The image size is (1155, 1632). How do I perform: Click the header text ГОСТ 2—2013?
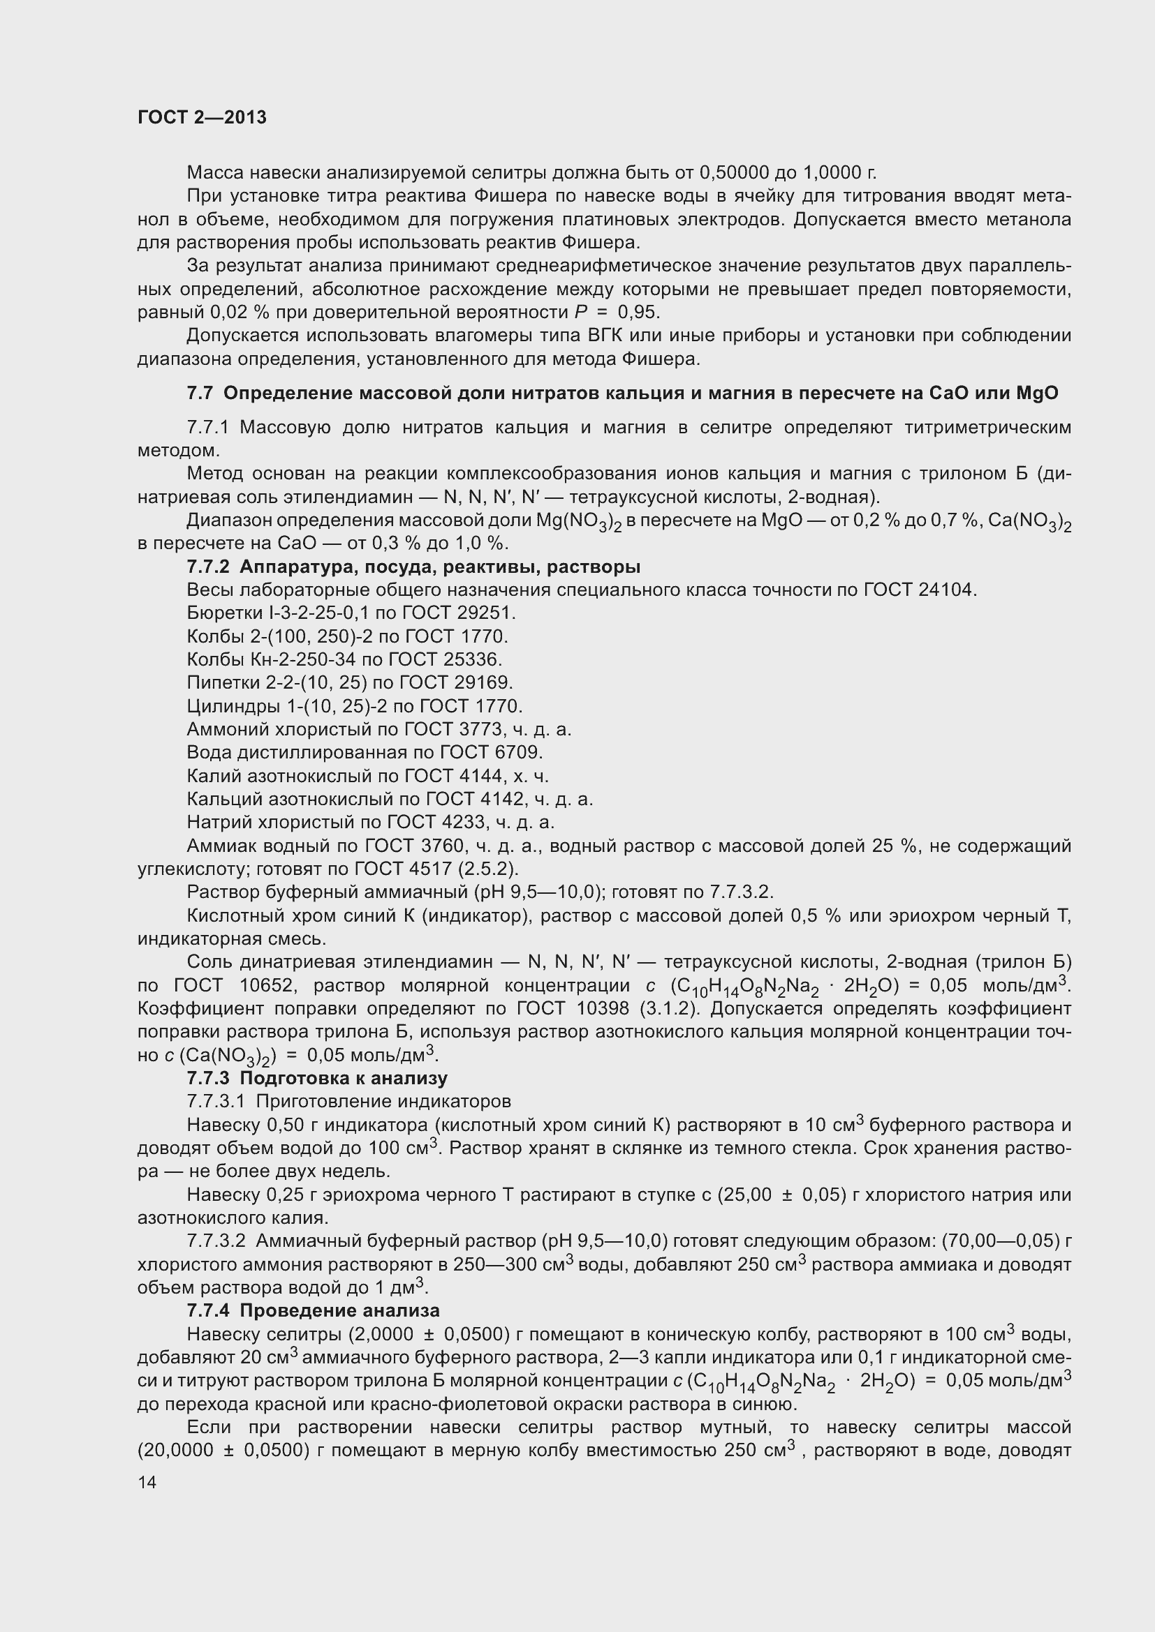coord(202,117)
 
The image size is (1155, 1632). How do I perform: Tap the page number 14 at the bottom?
coord(147,1483)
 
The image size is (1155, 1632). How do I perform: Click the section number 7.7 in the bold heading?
coord(200,393)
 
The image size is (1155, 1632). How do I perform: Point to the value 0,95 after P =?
coord(639,312)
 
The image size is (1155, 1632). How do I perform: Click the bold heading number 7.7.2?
coord(208,567)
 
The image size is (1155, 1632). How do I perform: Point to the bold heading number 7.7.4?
coord(208,1310)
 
